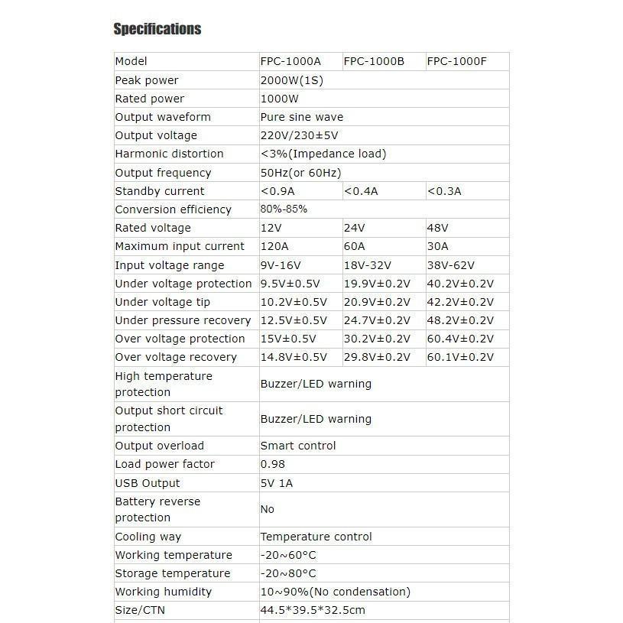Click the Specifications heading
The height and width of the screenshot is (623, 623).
pos(157,29)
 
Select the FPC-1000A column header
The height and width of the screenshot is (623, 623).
pos(290,61)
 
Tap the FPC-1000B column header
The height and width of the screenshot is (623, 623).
pos(374,61)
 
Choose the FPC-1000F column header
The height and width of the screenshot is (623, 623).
pos(456,61)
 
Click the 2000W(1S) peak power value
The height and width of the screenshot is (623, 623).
pos(291,80)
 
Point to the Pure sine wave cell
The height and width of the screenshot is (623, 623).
pos(302,117)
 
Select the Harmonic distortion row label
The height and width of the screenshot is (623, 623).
pos(169,154)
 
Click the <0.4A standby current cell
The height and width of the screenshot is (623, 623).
pos(361,191)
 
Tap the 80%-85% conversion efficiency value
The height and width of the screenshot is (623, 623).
pos(284,209)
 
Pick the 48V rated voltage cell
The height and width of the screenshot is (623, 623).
pos(437,228)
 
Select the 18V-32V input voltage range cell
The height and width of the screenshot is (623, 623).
pos(368,265)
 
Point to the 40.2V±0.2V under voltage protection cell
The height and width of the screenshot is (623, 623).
pos(460,284)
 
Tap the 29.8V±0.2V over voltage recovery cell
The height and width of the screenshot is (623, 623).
pos(377,357)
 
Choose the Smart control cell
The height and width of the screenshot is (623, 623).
pos(298,446)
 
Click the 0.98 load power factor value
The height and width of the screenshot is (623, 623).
pos(273,464)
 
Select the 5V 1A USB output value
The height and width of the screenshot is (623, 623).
pos(277,483)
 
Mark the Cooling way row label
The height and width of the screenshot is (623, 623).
pos(148,537)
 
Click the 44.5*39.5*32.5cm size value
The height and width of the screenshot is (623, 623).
pos(313,610)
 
